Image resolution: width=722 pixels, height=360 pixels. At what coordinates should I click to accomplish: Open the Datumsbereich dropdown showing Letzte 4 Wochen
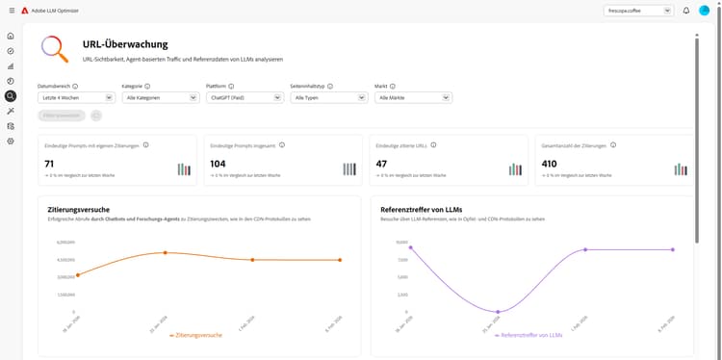pyautogui.click(x=76, y=97)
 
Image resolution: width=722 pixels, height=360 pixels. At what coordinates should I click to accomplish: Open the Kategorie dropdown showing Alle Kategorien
pyautogui.click(x=160, y=97)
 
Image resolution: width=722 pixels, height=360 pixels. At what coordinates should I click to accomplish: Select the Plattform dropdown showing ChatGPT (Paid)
pyautogui.click(x=245, y=97)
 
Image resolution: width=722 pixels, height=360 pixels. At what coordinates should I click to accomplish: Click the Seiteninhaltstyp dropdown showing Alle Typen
pyautogui.click(x=328, y=97)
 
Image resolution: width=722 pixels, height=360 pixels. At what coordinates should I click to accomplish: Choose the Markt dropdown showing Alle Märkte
pyautogui.click(x=413, y=97)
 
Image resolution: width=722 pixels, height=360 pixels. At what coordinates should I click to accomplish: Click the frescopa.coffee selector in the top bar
pyautogui.click(x=638, y=11)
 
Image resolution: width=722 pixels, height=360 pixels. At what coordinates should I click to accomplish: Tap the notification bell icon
pyautogui.click(x=686, y=11)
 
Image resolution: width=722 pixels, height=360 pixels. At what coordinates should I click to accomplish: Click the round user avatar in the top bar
pyautogui.click(x=705, y=11)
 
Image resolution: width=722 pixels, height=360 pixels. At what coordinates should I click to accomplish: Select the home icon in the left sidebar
pyautogui.click(x=10, y=36)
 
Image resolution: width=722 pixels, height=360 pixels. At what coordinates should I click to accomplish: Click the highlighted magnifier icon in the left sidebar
pyautogui.click(x=10, y=95)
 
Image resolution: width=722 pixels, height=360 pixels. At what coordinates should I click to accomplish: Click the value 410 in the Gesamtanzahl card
pyautogui.click(x=550, y=164)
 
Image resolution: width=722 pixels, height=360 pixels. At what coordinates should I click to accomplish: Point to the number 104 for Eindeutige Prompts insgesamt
pyautogui.click(x=219, y=164)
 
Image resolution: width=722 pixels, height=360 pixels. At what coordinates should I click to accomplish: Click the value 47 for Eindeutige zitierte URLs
pyautogui.click(x=381, y=164)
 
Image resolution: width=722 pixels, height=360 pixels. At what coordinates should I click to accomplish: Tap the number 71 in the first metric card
pyautogui.click(x=49, y=164)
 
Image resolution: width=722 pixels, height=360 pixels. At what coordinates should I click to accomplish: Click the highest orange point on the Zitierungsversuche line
pyautogui.click(x=165, y=252)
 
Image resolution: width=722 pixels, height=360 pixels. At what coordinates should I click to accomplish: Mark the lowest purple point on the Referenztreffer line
pyautogui.click(x=498, y=312)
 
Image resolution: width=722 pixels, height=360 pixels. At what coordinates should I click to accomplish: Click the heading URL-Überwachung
pyautogui.click(x=125, y=44)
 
